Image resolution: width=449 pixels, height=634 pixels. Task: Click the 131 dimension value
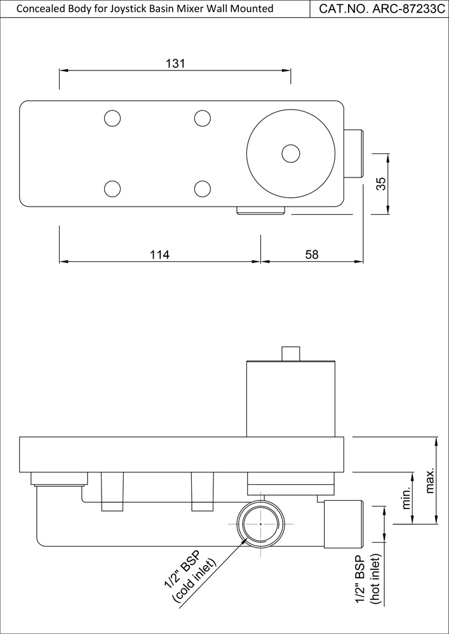(x=175, y=63)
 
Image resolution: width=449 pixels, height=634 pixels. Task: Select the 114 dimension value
(x=159, y=254)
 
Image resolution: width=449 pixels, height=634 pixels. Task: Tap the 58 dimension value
(x=311, y=254)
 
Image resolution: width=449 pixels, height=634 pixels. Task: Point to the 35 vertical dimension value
(x=381, y=184)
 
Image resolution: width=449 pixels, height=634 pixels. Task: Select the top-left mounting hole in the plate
(x=112, y=118)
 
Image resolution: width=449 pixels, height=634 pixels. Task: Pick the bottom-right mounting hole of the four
(x=202, y=188)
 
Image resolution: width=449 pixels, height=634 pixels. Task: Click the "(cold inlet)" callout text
(x=195, y=580)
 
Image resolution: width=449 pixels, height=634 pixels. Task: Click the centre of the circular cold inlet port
(x=260, y=524)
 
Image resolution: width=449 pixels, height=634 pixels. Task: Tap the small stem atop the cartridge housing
(x=291, y=353)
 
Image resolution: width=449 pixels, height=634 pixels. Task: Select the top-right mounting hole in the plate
(x=202, y=118)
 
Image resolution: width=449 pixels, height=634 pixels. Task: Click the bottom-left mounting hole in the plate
(x=112, y=188)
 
